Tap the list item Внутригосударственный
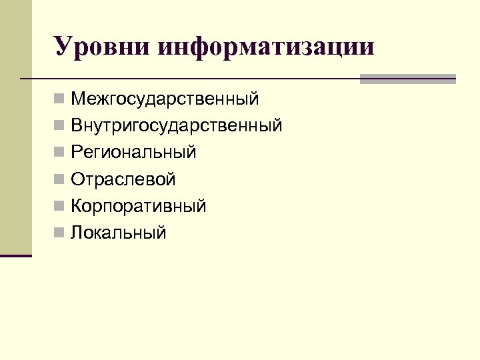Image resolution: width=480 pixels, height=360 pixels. pos(177,126)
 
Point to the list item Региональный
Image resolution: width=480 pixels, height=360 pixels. pos(134,153)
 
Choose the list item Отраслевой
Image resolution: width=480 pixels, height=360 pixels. pos(123,179)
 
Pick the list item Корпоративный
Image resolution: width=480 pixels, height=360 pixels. pos(139,206)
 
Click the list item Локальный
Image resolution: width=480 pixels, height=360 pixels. pos(119,233)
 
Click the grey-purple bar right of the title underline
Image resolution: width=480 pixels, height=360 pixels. pos(407,79)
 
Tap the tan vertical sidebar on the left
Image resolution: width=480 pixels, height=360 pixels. pos(15,127)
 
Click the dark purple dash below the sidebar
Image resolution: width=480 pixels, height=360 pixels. pos(15,255)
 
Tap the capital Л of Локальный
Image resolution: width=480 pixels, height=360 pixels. pos(77,233)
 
